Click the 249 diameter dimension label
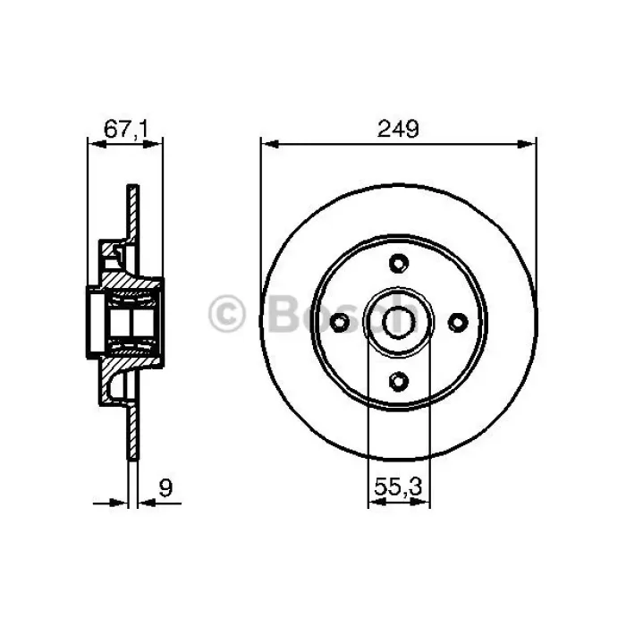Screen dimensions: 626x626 tap(398, 129)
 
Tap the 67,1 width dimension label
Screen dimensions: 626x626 tap(126, 130)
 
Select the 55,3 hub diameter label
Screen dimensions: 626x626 tap(398, 487)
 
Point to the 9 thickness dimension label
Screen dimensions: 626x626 tap(165, 488)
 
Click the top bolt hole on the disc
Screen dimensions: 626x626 tap(399, 264)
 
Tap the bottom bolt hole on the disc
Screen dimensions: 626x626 tap(398, 381)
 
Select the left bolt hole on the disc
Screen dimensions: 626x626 tap(340, 322)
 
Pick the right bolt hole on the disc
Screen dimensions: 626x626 tap(458, 322)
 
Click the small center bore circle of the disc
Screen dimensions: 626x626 tap(399, 322)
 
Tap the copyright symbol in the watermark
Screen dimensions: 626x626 tap(226, 314)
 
